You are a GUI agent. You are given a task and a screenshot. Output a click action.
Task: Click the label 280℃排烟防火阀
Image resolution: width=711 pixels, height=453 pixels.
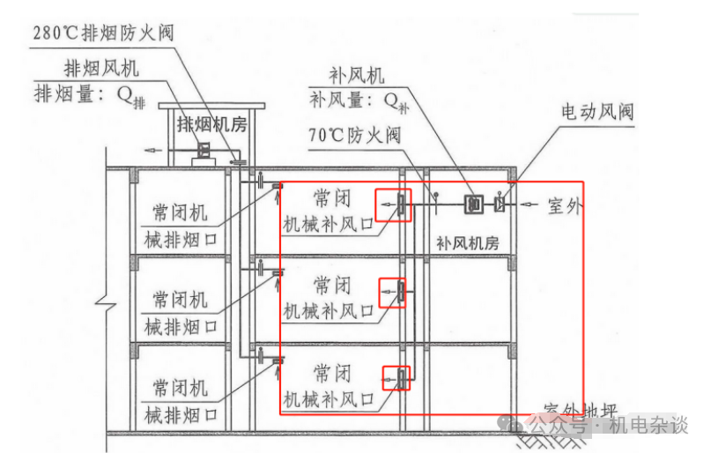click(103, 33)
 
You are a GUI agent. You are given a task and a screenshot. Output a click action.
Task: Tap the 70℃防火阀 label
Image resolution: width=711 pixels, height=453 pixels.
click(355, 136)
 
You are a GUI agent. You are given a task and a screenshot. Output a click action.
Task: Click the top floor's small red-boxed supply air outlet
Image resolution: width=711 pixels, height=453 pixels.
click(394, 206)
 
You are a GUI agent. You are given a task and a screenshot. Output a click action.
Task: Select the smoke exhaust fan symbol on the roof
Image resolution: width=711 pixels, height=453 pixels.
click(205, 151)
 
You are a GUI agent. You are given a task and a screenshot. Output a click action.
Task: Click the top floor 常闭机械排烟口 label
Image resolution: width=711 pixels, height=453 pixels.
click(179, 226)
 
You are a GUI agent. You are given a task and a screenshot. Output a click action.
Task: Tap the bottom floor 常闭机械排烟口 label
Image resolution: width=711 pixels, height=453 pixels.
click(179, 401)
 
